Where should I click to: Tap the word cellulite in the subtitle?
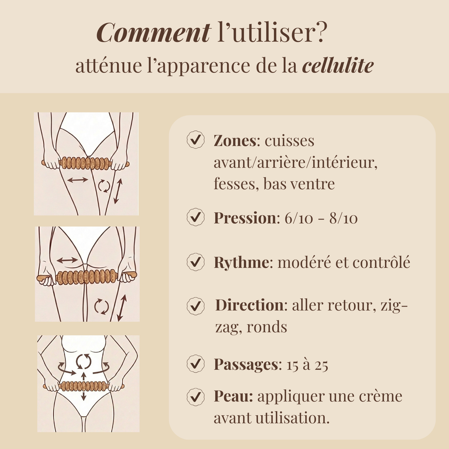[x=338, y=66]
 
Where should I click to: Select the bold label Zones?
[x=235, y=141]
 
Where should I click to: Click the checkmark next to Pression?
[x=196, y=217]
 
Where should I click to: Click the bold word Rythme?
[x=240, y=262]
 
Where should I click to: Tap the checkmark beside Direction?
[x=196, y=306]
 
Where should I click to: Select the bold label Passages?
[x=246, y=364]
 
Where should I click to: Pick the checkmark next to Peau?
[x=196, y=396]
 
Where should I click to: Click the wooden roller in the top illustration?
[x=86, y=163]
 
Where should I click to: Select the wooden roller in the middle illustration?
[x=86, y=277]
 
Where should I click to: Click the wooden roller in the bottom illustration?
[x=83, y=386]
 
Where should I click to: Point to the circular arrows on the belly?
[x=83, y=361]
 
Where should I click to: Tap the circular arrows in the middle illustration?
[x=102, y=306]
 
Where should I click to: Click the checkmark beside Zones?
[x=196, y=140]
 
